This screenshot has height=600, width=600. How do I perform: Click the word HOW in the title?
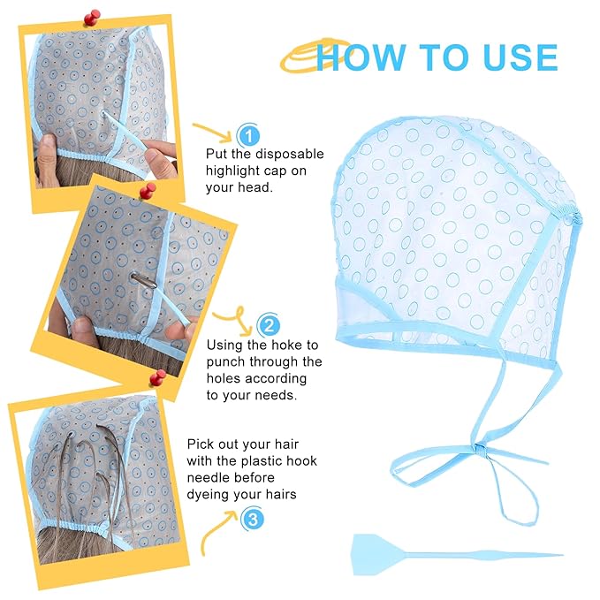[x=361, y=57]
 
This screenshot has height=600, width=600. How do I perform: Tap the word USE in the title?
[x=520, y=57]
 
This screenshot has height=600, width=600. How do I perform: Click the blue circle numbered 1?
[x=248, y=135]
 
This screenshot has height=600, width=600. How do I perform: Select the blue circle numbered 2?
[x=269, y=325]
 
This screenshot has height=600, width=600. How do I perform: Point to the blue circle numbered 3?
[x=253, y=520]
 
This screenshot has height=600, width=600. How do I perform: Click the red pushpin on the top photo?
[x=91, y=18]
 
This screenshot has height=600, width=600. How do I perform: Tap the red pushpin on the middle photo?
[x=148, y=191]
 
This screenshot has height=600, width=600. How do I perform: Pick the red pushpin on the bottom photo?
[x=157, y=377]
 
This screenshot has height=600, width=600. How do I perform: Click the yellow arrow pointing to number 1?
[x=212, y=132]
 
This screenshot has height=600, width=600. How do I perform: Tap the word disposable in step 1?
[x=290, y=154]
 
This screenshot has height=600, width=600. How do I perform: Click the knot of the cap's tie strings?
[x=480, y=451]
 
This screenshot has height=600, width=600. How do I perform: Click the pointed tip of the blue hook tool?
[x=562, y=554]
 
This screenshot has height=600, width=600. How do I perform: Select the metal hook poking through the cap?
[x=144, y=279]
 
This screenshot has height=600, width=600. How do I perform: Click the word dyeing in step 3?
[x=206, y=495]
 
